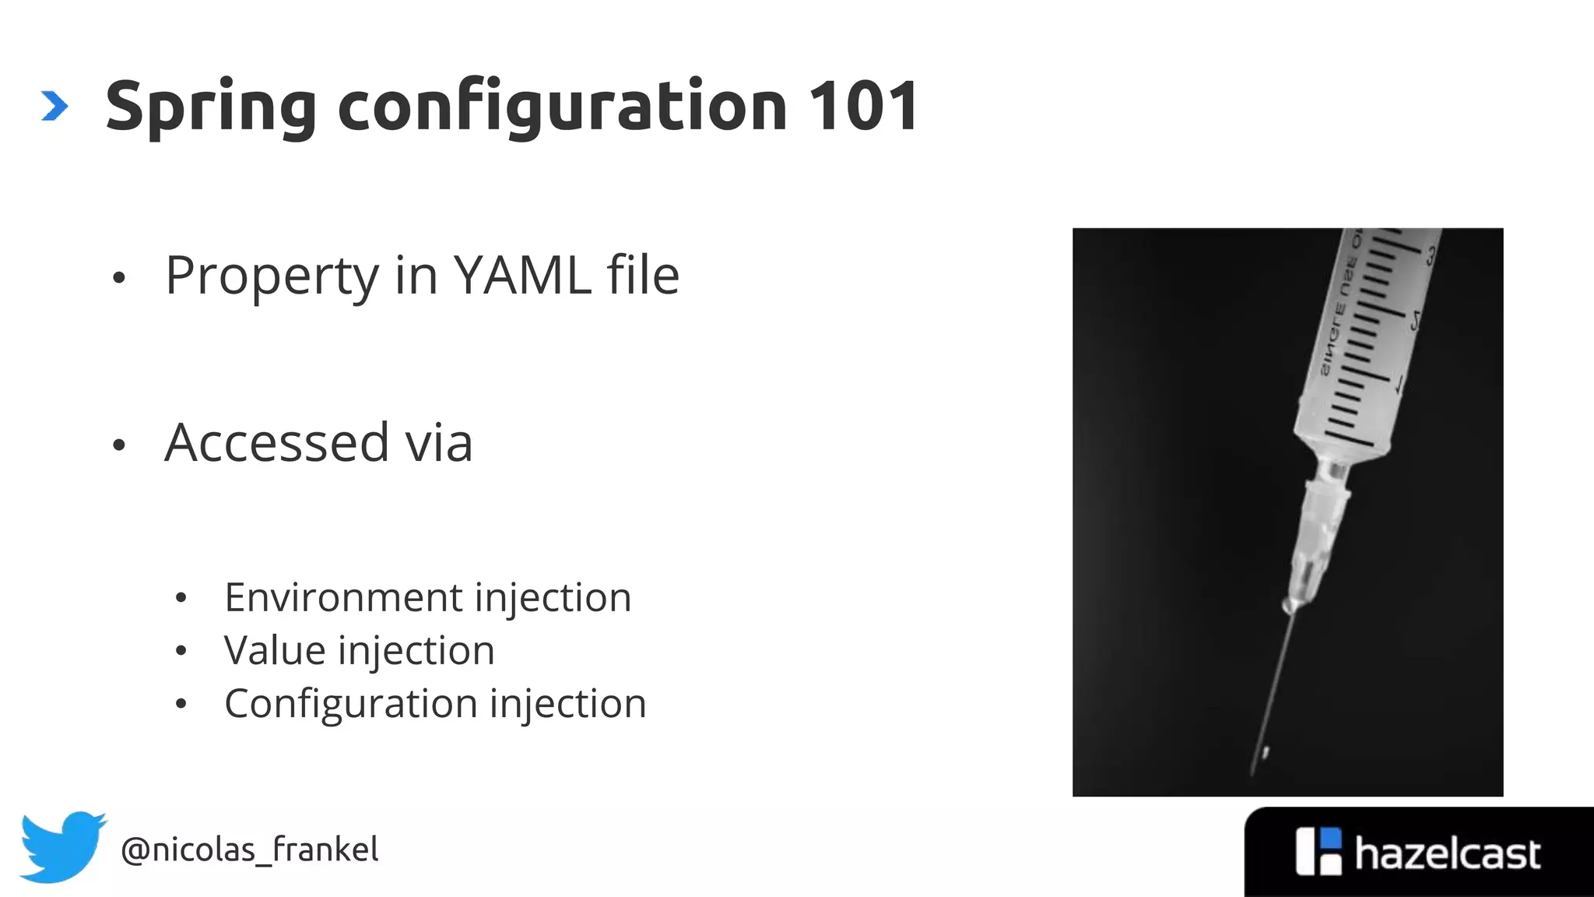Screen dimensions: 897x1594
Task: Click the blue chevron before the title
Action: point(54,107)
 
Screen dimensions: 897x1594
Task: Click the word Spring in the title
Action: point(210,107)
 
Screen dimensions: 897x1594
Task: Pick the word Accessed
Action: point(276,442)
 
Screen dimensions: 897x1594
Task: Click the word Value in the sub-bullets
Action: point(274,650)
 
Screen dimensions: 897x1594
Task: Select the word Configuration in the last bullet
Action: point(350,704)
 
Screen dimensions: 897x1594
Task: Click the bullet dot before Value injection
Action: point(181,651)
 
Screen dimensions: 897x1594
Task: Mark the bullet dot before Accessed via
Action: point(118,445)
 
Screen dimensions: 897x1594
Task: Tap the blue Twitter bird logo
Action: point(62,846)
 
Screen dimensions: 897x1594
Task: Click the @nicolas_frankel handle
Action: point(249,850)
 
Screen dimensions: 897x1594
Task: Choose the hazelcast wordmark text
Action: point(1447,854)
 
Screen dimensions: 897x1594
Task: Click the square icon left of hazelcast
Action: point(1318,851)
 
